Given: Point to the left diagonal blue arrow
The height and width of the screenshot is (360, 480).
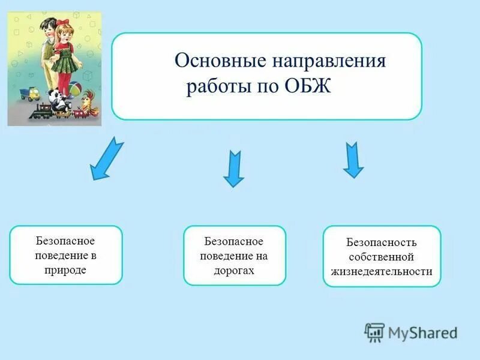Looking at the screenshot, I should (107, 158).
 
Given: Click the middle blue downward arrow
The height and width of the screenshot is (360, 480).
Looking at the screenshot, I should (233, 169).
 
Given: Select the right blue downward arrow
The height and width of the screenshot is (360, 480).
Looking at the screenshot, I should (353, 160).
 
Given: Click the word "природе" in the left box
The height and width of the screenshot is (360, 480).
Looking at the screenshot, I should (65, 270).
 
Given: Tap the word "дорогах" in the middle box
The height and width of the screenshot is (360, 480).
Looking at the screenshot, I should (234, 271).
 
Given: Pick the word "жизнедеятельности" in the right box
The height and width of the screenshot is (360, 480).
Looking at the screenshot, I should (382, 271).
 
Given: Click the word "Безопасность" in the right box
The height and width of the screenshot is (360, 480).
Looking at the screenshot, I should (381, 243).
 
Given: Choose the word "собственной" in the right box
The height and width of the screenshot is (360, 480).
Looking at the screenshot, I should (382, 257).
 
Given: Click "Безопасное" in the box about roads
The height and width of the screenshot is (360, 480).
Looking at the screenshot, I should (234, 241).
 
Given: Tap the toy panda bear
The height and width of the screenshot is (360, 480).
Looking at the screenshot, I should (58, 100).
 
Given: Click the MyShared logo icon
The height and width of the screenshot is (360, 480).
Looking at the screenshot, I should (374, 332).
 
